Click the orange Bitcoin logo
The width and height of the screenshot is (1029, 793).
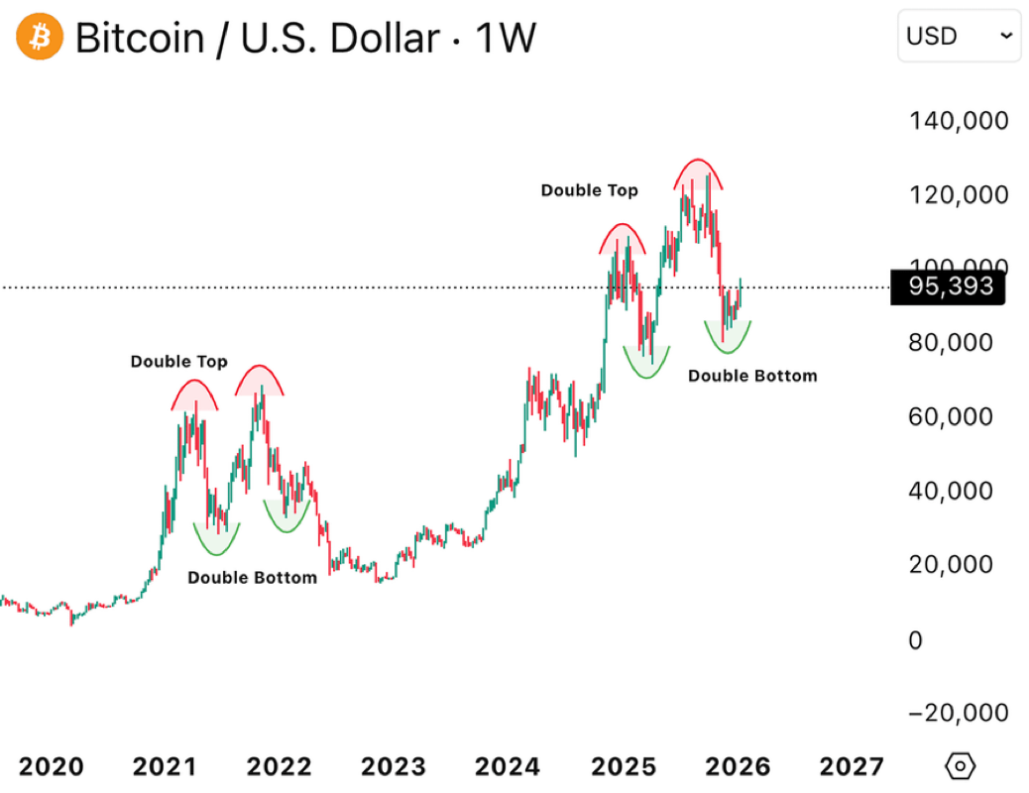click(x=40, y=38)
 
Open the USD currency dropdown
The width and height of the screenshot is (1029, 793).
click(x=958, y=37)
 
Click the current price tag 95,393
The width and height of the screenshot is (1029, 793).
click(x=948, y=287)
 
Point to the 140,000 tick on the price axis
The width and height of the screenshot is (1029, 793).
click(x=959, y=121)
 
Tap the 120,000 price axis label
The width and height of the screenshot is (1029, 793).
click(x=959, y=194)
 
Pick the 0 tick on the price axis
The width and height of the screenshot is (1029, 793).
click(x=915, y=639)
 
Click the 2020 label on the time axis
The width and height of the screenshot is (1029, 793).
click(x=52, y=766)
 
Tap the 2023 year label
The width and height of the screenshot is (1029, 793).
click(x=394, y=766)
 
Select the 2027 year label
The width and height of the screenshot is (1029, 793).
click(x=850, y=766)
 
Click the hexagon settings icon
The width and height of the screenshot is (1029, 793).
click(x=961, y=766)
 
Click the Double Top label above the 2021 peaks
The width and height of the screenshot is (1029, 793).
click(x=178, y=362)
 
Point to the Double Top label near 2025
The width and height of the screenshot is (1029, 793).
click(x=589, y=189)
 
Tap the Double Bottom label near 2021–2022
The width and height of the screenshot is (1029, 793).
click(x=252, y=577)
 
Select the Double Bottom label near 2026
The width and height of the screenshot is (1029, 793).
click(x=752, y=376)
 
